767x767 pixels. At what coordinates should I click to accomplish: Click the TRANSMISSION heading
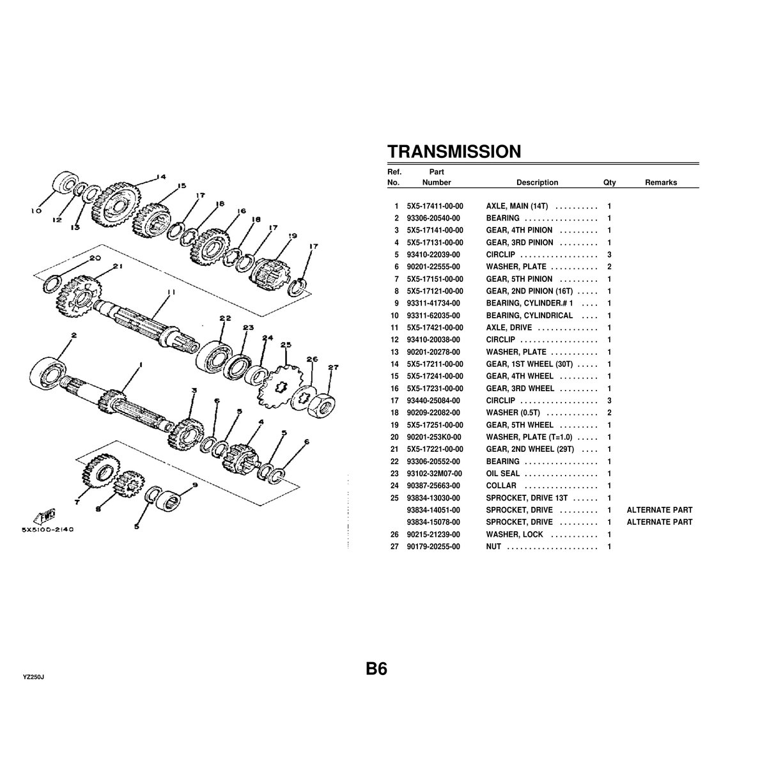click(454, 151)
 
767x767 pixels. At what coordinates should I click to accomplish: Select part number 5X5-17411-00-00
click(435, 206)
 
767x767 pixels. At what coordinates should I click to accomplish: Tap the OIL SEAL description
click(503, 474)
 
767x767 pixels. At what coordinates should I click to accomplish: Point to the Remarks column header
click(660, 182)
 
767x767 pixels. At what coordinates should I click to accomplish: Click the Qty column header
click(609, 182)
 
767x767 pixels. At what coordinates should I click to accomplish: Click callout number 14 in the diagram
click(160, 177)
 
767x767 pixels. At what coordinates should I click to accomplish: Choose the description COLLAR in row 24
click(501, 486)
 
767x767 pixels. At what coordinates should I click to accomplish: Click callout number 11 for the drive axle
click(169, 292)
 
